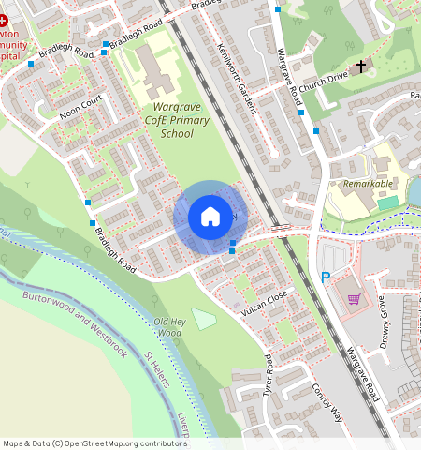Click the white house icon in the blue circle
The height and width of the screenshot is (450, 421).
(210, 217)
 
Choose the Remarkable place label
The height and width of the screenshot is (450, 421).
(368, 184)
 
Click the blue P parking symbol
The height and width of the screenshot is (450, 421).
(326, 277)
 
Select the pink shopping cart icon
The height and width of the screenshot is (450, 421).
(354, 300)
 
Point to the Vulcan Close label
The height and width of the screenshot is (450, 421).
(264, 300)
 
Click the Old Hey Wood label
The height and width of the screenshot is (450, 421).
(168, 327)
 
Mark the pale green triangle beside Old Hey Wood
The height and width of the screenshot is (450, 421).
(203, 319)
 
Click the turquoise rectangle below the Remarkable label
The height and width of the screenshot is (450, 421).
(387, 202)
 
